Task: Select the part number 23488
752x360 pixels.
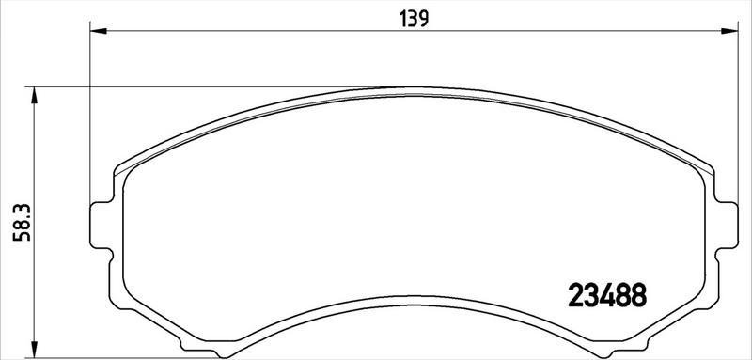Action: click(x=608, y=295)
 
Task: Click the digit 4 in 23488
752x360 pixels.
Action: click(x=608, y=295)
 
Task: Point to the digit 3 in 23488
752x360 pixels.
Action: click(x=593, y=295)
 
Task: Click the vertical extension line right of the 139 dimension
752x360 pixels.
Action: click(x=730, y=113)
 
